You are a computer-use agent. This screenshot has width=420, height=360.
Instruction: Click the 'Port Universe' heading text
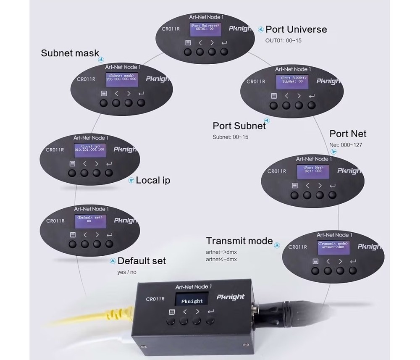pyautogui.click(x=296, y=29)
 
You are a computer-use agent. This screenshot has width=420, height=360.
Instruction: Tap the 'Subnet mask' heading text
pyautogui.click(x=70, y=53)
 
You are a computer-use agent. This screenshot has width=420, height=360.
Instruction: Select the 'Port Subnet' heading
pyautogui.click(x=239, y=126)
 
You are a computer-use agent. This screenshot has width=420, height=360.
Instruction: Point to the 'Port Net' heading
pyautogui.click(x=348, y=134)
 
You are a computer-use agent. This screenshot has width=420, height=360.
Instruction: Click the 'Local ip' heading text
pyautogui.click(x=153, y=180)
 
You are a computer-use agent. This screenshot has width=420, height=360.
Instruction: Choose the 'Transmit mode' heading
pyautogui.click(x=239, y=241)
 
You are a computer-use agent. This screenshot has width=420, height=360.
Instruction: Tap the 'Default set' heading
pyautogui.click(x=142, y=261)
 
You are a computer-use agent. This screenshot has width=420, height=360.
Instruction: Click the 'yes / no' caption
pyautogui.click(x=127, y=272)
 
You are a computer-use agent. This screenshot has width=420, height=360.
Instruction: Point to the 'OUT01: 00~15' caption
pyautogui.click(x=283, y=41)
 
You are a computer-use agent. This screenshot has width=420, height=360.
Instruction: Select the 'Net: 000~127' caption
pyautogui.click(x=346, y=145)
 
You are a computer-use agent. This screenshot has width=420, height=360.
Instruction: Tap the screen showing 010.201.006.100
pyautogui.click(x=89, y=148)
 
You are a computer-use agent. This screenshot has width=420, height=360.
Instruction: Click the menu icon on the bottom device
pyautogui.click(x=171, y=312)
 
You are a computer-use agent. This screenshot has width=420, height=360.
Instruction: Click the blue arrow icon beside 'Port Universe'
pyautogui.click(x=260, y=29)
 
